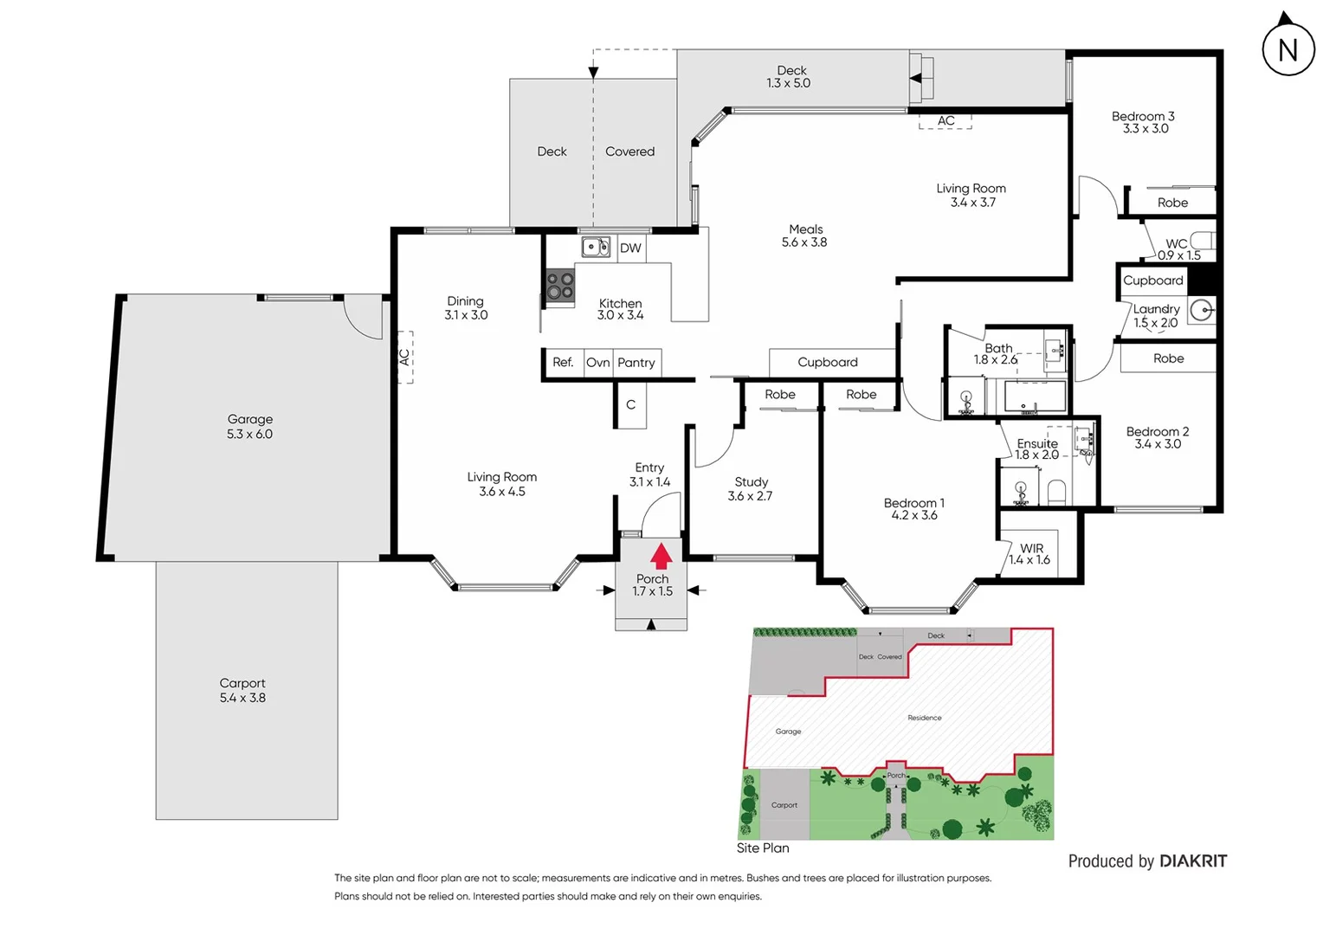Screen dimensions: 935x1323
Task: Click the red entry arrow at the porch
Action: (x=661, y=555)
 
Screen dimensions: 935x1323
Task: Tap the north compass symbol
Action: (x=1288, y=48)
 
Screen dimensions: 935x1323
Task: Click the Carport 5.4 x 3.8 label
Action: (x=242, y=690)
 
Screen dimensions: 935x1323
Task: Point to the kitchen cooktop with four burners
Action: (x=560, y=287)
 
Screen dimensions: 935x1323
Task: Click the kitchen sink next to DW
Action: (x=595, y=248)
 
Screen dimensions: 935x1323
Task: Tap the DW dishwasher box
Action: (x=631, y=248)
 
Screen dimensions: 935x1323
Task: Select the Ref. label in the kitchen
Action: (x=563, y=363)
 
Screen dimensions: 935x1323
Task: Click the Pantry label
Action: (x=636, y=363)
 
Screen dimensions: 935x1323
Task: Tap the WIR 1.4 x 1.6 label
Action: (x=1030, y=554)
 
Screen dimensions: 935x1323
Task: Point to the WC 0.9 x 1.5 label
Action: (x=1178, y=249)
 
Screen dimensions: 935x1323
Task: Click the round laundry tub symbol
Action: (x=1201, y=309)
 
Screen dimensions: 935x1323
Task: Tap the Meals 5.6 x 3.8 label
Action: (x=804, y=235)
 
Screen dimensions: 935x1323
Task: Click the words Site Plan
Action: (x=763, y=848)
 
